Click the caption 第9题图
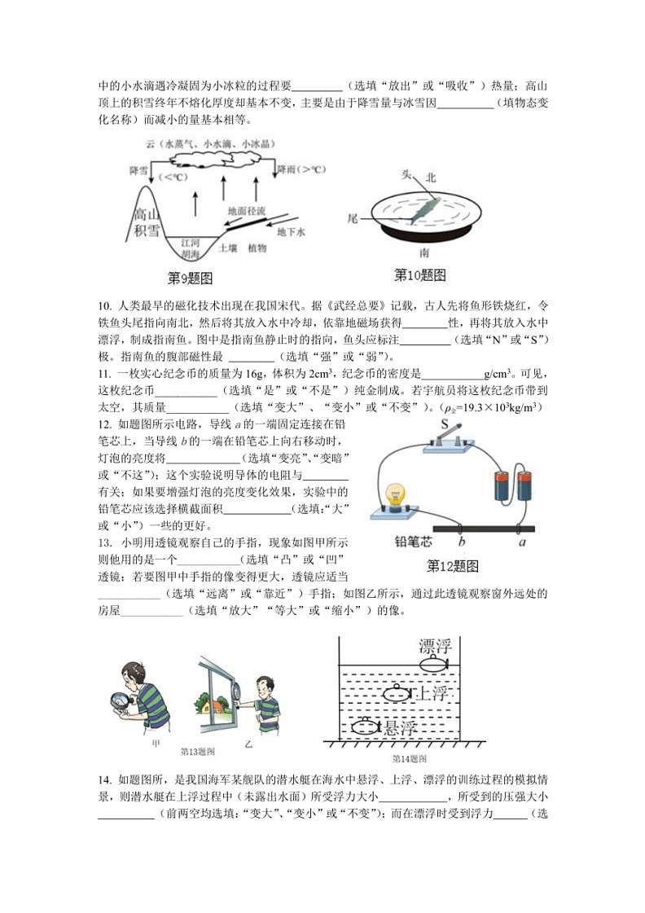190,279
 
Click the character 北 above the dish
431,177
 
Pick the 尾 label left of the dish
353,218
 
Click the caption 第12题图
452,566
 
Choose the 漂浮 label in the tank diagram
434,647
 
